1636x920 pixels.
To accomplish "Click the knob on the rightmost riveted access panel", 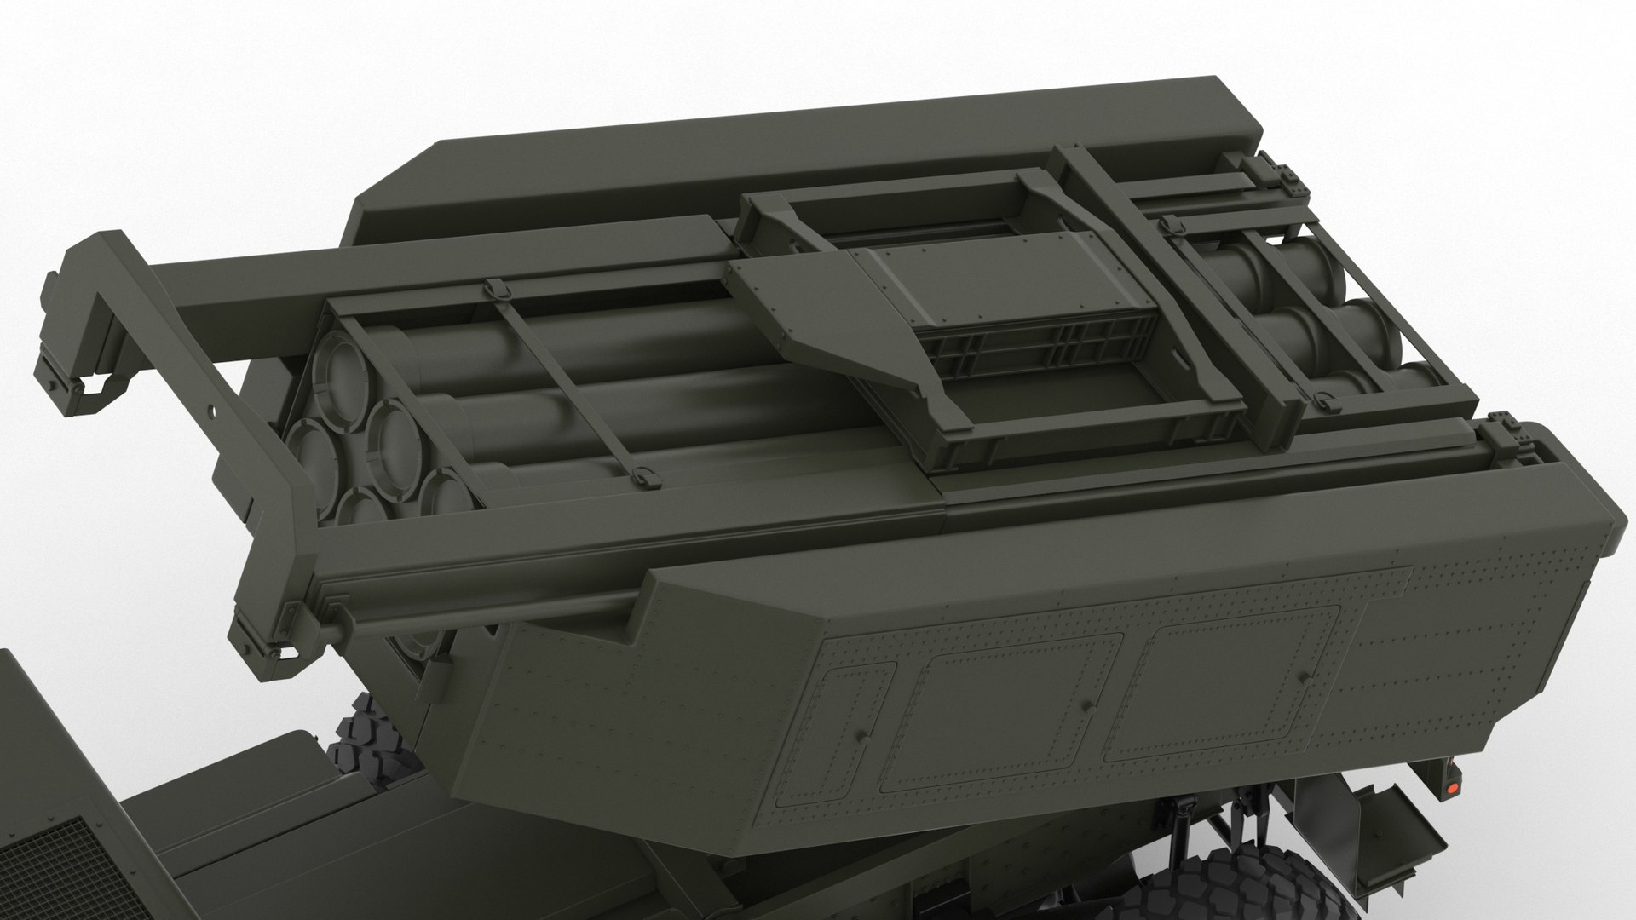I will click(1304, 678).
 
